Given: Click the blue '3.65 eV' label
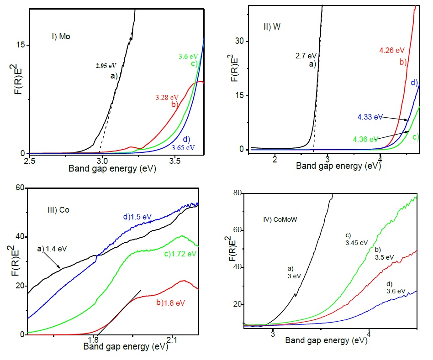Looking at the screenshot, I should coord(183,148).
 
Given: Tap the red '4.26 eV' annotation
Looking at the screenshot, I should coord(392,50).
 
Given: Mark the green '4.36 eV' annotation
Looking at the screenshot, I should coord(366,138).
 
